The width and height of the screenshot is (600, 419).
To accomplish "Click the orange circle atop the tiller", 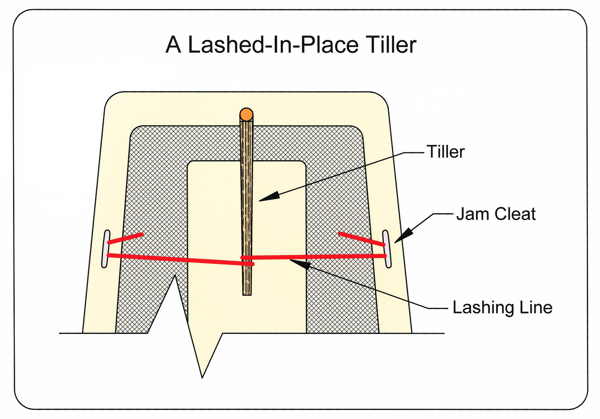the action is coord(246,114).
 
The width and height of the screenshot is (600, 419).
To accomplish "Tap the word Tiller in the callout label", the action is coord(445,152).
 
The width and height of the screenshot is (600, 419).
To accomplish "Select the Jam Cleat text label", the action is coord(496,214).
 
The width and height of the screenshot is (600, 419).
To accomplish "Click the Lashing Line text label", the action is coord(502,307).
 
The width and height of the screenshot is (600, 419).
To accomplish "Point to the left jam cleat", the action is coord(105,249).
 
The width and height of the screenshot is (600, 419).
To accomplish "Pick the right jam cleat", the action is coord(387,249).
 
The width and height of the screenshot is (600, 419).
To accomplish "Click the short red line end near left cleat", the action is coord(125,238).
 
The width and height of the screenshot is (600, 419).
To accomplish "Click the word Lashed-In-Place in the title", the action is coord(273,45).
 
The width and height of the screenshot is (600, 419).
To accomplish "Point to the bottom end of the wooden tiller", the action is coord(247,295).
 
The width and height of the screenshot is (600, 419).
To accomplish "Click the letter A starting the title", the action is coord(174,45).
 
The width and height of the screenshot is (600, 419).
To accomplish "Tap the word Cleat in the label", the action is coord(515,214).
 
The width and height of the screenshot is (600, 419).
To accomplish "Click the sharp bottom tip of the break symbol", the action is coord(202,377).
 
